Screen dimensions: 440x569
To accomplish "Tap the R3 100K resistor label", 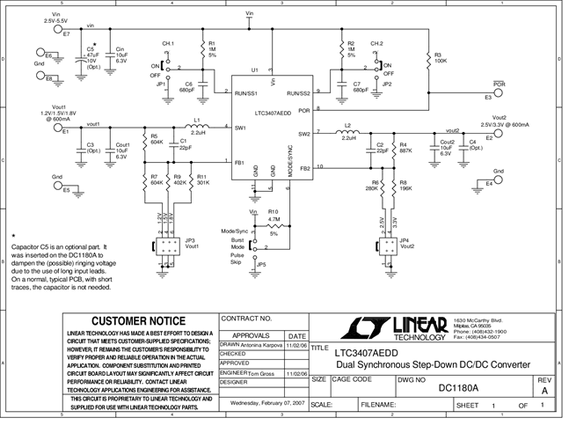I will pyautogui.click(x=438, y=58).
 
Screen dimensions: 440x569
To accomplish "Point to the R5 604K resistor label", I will pyautogui.click(x=156, y=139).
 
